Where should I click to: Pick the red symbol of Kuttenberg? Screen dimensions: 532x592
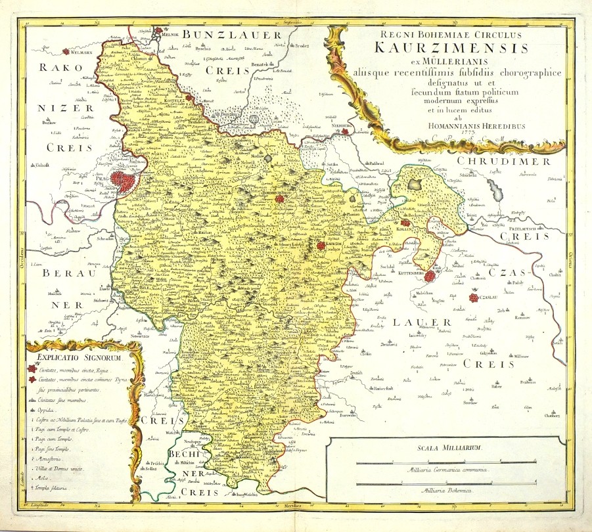430,277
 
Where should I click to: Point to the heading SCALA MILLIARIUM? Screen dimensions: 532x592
445,448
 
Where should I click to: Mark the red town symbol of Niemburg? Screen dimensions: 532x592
344,131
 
